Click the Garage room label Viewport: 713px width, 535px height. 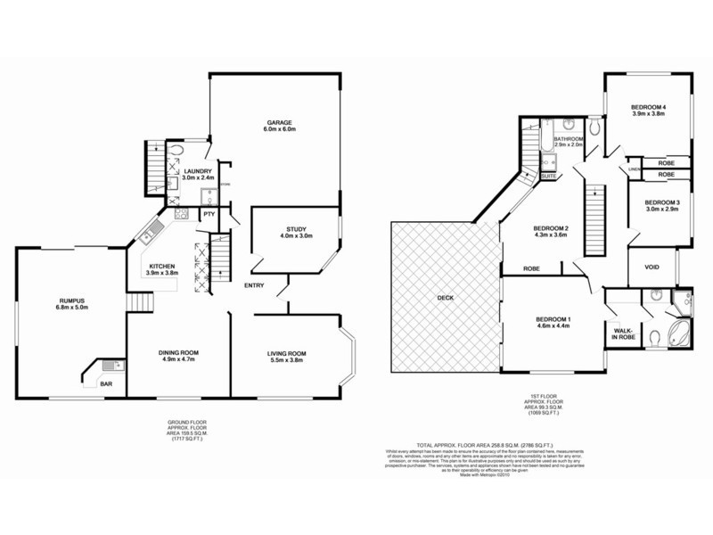coord(279,123)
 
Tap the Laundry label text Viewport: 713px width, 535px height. coord(198,171)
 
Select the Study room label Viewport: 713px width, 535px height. coord(297,228)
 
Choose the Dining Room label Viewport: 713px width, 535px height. coord(178,354)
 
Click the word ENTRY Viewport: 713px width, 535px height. coord(254,284)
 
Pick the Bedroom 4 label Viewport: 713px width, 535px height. coord(649,107)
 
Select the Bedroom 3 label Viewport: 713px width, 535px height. coord(662,203)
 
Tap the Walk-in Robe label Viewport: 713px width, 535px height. coord(622,334)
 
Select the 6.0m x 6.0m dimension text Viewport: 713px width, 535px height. coord(279,131)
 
